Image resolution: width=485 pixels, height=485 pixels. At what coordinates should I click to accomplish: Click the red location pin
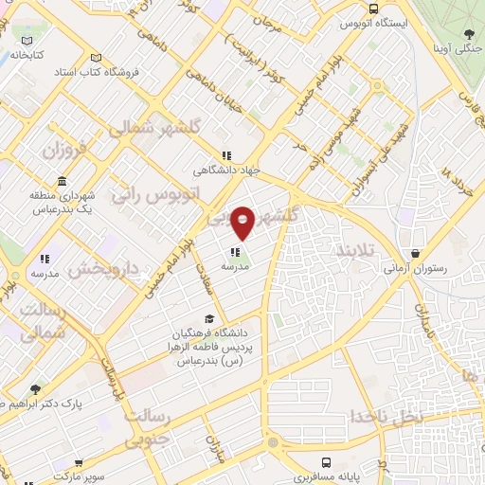[x=243, y=222]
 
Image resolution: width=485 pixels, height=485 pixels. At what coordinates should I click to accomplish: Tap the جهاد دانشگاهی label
[x=225, y=171]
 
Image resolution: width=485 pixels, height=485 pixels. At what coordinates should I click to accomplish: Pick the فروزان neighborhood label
[x=63, y=150]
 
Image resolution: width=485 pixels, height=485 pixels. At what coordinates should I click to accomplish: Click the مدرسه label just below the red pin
[x=235, y=267]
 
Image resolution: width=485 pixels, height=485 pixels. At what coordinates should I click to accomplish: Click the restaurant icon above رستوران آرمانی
[x=416, y=253]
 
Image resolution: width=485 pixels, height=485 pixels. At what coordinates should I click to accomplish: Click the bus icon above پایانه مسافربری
[x=327, y=463]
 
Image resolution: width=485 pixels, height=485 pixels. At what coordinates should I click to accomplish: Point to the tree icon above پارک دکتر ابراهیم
[x=36, y=388]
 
